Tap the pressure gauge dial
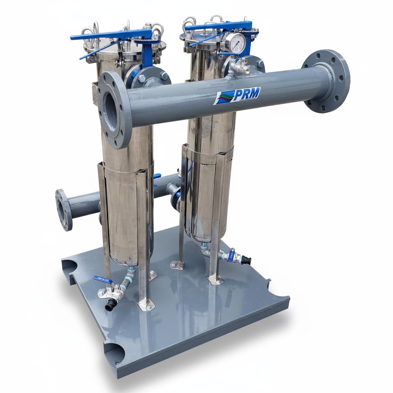[x=235, y=43]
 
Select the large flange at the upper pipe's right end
[x=326, y=81]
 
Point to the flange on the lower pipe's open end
[x=63, y=209]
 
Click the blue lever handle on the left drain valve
[x=102, y=280]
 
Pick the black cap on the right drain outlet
[x=246, y=260]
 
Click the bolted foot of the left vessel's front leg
[x=146, y=305]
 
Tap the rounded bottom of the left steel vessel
[x=127, y=261]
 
